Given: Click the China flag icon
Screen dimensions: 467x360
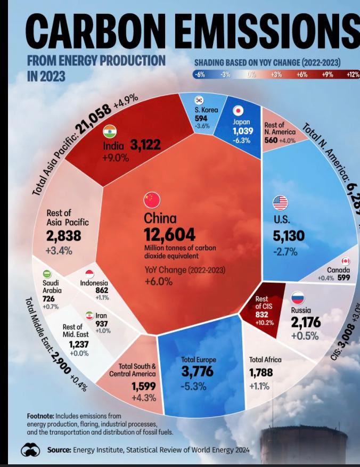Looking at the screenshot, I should click(152, 200).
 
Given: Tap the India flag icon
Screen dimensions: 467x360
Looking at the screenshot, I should click(110, 131).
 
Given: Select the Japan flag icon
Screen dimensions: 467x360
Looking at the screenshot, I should click(238, 111).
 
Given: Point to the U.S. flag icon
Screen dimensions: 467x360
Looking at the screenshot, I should click(280, 203).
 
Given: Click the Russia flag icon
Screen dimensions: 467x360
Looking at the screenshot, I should click(297, 298).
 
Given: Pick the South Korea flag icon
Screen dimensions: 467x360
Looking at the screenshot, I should click(199, 100).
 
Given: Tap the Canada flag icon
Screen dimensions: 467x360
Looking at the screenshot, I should click(346, 261).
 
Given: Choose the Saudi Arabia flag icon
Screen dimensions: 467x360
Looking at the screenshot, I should click(47, 274).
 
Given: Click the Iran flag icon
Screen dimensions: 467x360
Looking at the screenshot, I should click(89, 315).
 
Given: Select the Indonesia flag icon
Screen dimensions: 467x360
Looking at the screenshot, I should click(89, 274).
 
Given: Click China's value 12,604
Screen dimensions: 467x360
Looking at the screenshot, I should click(169, 235).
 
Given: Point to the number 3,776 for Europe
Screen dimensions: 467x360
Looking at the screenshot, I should click(197, 371).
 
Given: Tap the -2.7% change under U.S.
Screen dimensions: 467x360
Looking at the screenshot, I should click(285, 252).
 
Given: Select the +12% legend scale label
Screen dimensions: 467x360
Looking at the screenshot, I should click(353, 75).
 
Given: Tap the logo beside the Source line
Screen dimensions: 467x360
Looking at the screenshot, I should click(30, 450).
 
